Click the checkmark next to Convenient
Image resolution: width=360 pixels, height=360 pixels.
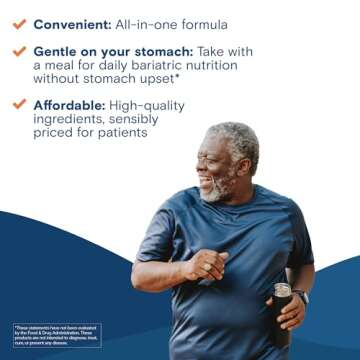point(17,22)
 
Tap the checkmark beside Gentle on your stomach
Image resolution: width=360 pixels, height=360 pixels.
point(17,50)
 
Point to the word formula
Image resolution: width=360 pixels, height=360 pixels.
point(201,23)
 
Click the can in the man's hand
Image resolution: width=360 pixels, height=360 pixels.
point(282,292)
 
